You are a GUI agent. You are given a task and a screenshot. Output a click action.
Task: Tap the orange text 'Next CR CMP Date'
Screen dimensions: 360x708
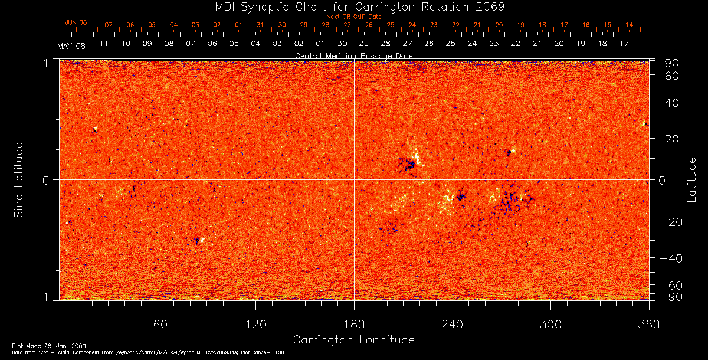[354, 17]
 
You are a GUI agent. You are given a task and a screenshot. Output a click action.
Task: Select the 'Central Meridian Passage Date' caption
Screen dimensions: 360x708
[353, 55]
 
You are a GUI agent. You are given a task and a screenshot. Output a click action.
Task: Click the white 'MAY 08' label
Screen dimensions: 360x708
[71, 46]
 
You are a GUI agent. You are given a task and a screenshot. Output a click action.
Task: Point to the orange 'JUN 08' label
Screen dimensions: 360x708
[76, 22]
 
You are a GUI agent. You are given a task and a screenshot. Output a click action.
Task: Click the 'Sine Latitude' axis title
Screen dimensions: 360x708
[19, 179]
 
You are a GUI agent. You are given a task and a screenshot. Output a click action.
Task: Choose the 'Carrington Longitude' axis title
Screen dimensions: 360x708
[353, 340]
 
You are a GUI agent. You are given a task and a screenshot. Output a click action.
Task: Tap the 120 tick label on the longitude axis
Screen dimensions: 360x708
[256, 324]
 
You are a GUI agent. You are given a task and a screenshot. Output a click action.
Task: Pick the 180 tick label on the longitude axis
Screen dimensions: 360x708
[354, 324]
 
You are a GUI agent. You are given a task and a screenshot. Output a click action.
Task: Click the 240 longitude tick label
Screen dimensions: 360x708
[453, 324]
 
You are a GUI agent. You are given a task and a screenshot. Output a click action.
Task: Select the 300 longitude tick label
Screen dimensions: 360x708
[550, 324]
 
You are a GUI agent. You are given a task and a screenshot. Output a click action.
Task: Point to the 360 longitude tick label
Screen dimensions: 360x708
[649, 324]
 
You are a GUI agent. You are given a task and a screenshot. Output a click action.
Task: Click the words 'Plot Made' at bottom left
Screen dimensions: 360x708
[23, 345]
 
